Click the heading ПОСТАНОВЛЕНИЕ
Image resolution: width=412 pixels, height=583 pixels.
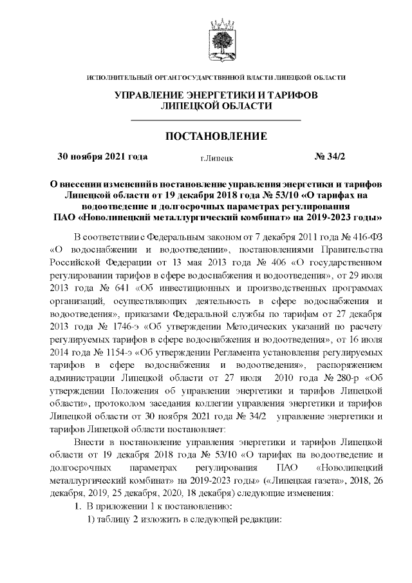point(216,137)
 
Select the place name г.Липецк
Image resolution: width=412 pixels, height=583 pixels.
point(216,157)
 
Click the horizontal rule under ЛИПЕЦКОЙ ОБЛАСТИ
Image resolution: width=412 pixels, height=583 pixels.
point(216,120)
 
